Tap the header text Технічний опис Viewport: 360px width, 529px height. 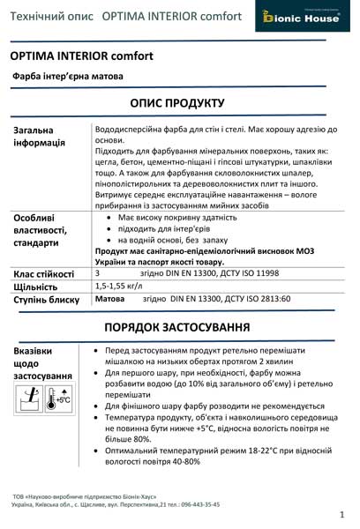tap(52, 17)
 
